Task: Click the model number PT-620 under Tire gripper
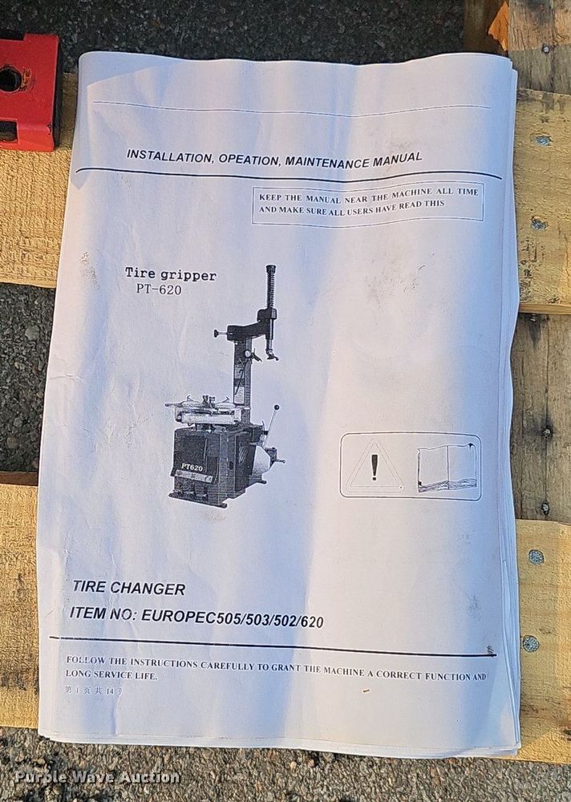pos(154,290)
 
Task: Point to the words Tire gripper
pos(170,274)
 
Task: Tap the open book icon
pos(447,468)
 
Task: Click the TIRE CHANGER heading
pos(128,589)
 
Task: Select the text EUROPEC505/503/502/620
pos(233,618)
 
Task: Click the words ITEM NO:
pos(103,614)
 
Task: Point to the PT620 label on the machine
pos(192,467)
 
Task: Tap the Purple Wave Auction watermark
pos(97,777)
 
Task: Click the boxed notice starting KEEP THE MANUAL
pos(367,202)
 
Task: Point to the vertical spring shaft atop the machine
pos(271,289)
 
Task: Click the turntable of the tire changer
pos(204,409)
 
